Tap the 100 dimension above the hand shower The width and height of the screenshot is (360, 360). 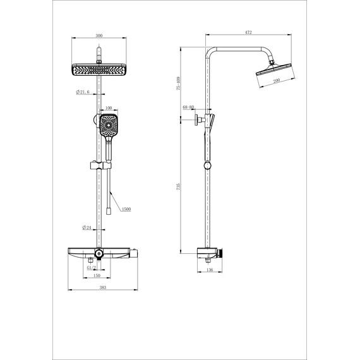coord(109,109)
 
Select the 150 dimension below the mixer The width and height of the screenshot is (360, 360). coord(96,275)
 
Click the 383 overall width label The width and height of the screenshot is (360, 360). coord(102,288)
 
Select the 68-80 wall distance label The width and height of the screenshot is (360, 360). coord(188,107)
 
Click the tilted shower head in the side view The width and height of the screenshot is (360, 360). coord(276,71)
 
